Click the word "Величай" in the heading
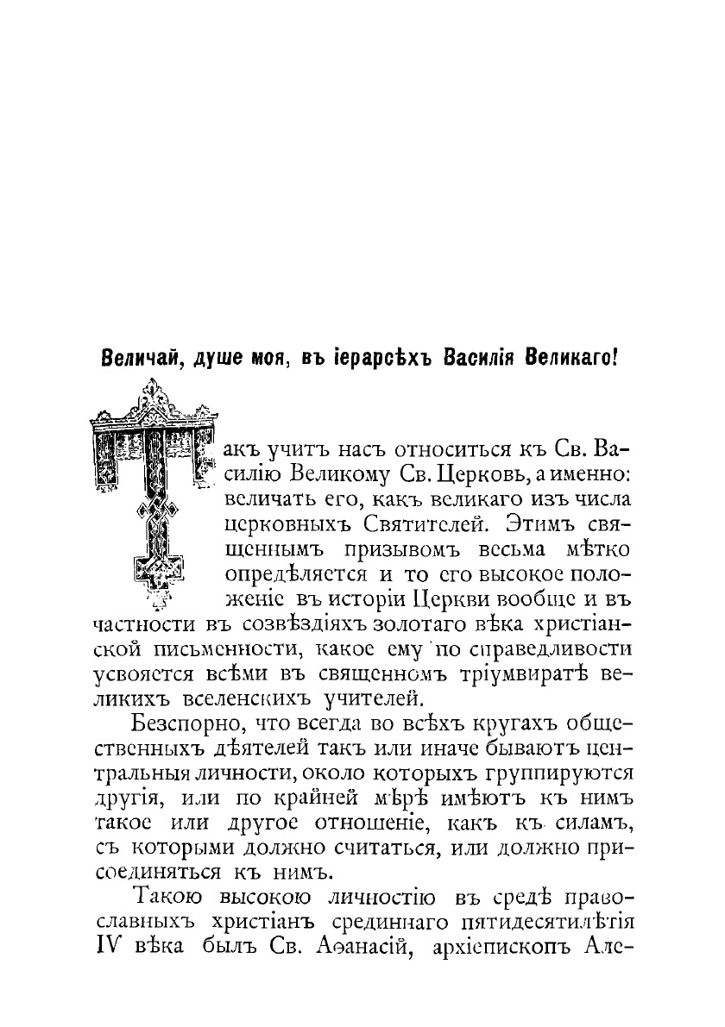[x=137, y=358]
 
